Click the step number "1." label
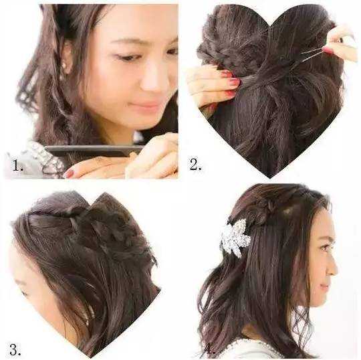pyautogui.click(x=18, y=165)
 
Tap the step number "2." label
pyautogui.click(x=195, y=165)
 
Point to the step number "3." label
pyautogui.click(x=15, y=349)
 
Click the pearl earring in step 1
pyautogui.click(x=64, y=65)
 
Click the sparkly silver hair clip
pyautogui.click(x=235, y=238)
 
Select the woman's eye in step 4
pyautogui.click(x=324, y=248)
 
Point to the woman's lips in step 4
pyautogui.click(x=324, y=287)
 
